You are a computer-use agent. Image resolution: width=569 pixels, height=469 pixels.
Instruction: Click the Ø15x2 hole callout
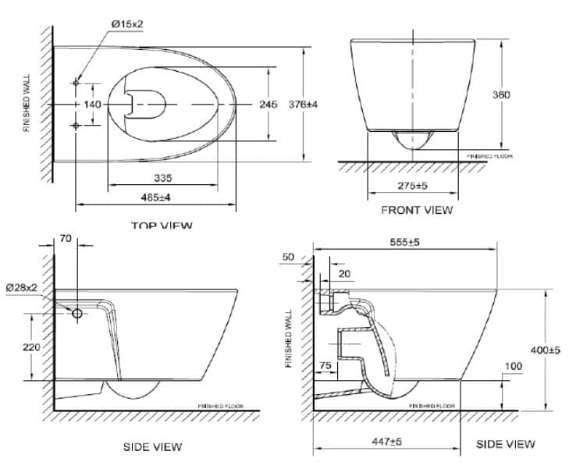click(127, 24)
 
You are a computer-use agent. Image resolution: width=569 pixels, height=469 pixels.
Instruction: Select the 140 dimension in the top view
click(92, 105)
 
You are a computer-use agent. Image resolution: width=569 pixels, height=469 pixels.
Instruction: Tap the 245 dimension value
click(268, 105)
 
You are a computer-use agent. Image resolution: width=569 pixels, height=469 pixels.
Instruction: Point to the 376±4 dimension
click(304, 105)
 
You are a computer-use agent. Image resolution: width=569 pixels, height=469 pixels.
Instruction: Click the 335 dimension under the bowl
click(162, 179)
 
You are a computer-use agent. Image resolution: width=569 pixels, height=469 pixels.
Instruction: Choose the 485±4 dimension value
click(155, 197)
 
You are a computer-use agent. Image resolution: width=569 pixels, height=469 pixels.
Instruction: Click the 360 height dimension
click(501, 94)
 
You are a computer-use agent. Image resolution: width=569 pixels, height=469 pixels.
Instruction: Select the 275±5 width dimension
click(411, 186)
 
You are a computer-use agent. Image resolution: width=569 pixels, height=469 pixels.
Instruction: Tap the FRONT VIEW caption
click(416, 210)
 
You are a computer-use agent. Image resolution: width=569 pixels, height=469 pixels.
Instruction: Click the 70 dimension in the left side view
click(65, 239)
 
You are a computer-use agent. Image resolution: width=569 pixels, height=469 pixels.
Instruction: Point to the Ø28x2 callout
click(21, 288)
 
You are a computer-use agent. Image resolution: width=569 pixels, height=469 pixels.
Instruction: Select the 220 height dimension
click(31, 347)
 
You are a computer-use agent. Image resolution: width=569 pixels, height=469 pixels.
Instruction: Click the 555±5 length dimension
click(404, 242)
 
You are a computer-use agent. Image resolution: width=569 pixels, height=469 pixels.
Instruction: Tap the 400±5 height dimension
click(546, 350)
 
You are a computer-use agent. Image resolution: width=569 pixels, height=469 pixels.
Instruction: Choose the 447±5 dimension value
click(386, 442)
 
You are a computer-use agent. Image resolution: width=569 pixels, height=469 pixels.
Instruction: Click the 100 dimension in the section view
click(513, 366)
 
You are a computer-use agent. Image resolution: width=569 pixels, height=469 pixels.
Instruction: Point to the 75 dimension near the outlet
click(326, 366)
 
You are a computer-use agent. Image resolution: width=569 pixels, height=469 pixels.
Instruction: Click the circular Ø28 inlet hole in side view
click(77, 313)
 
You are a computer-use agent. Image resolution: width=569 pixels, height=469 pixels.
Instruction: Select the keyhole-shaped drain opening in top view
click(147, 104)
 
